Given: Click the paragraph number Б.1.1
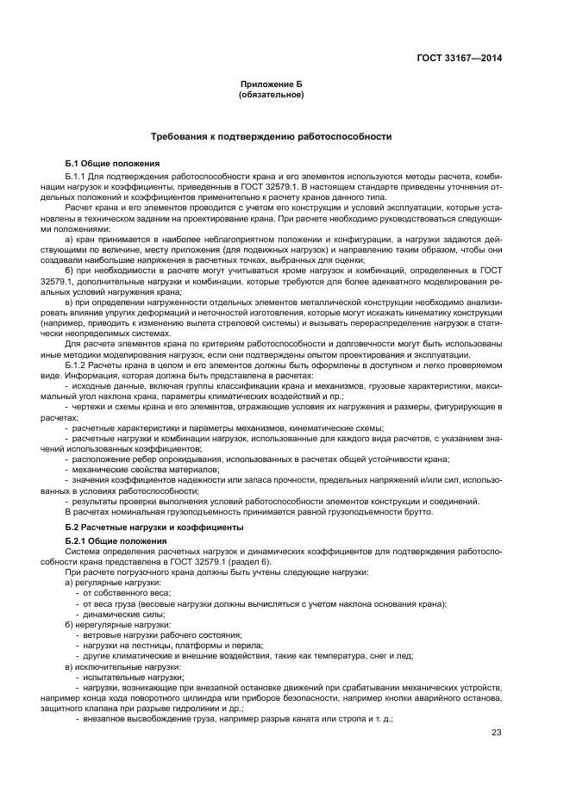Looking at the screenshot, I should tap(78, 176).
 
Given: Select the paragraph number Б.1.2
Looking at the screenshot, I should tap(78, 389).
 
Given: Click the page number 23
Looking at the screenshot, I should tap(496, 733).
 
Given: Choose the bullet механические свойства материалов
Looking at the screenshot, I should tap(138, 470).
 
